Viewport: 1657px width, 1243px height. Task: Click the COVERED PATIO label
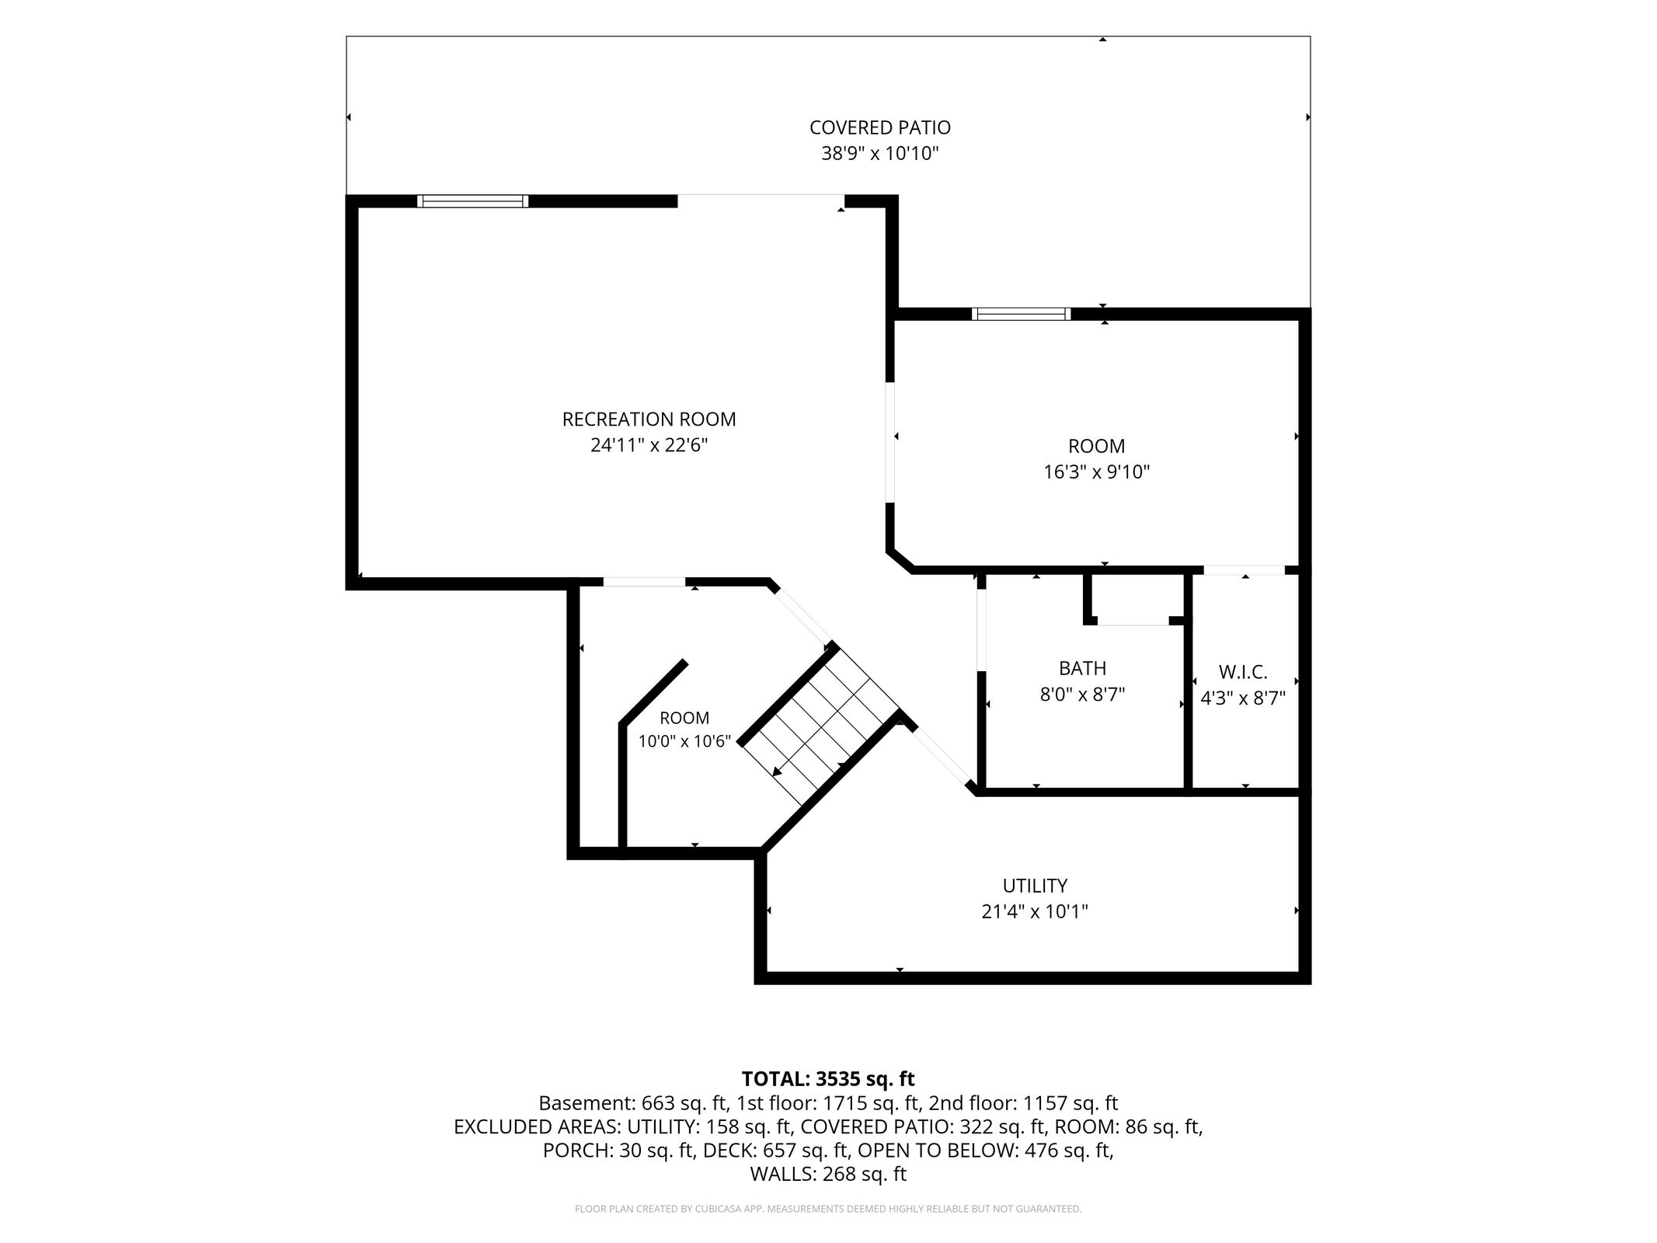(879, 127)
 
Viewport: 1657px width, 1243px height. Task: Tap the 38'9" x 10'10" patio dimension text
(879, 153)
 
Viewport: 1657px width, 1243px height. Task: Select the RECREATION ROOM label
(649, 420)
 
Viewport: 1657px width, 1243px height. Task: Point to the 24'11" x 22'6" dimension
(649, 445)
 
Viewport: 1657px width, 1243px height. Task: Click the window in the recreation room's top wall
(472, 201)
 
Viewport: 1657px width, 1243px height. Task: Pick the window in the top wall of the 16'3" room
(1021, 315)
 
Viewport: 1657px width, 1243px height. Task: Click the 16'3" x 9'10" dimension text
(1096, 472)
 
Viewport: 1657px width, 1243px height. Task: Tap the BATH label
(1082, 668)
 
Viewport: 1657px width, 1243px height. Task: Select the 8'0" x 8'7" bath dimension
(1082, 694)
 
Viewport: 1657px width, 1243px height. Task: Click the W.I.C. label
(1243, 672)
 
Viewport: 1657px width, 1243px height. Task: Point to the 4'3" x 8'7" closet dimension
(1243, 698)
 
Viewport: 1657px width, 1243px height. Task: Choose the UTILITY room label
(1035, 886)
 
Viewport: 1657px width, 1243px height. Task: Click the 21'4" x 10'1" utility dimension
(1035, 911)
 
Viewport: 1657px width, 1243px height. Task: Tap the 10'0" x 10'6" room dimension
(684, 741)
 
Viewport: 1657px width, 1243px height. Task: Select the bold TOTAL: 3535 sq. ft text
(828, 1079)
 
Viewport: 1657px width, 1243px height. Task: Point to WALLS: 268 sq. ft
(828, 1174)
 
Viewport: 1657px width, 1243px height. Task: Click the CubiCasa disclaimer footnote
(828, 1209)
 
